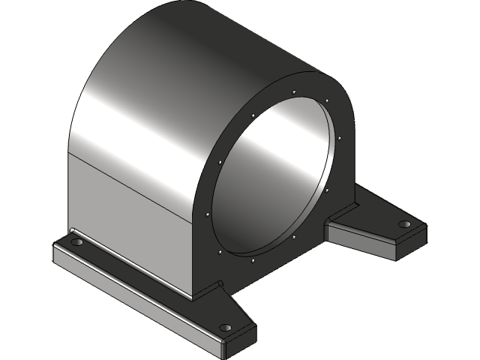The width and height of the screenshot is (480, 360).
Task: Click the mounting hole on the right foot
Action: [404, 224]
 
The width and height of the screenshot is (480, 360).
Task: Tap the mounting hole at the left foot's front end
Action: [224, 328]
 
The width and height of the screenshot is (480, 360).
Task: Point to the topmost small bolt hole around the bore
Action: [295, 94]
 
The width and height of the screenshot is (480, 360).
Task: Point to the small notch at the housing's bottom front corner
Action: [220, 283]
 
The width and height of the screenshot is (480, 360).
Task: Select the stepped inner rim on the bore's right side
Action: [328, 176]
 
